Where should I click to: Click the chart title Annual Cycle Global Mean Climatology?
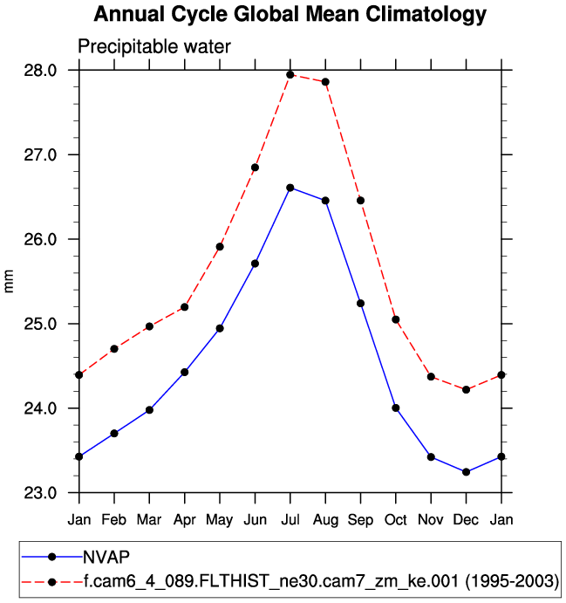coord(290,15)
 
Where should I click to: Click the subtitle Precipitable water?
coord(154,47)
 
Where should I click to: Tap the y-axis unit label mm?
coord(10,282)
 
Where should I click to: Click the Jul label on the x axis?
coord(290,520)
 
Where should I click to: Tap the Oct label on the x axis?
coord(396,520)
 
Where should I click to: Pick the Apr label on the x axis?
coord(185,520)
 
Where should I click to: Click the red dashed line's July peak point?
coord(290,74)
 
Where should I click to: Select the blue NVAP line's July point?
coord(290,188)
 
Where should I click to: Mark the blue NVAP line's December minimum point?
coord(467,472)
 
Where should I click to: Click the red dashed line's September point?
coord(360,201)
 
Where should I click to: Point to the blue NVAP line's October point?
coord(396,408)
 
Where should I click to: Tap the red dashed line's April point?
coord(185,307)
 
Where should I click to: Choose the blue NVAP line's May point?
coord(220,328)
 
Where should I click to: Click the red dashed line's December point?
coord(467,389)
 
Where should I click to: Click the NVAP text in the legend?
coord(106,557)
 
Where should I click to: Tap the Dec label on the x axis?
coord(467,520)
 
